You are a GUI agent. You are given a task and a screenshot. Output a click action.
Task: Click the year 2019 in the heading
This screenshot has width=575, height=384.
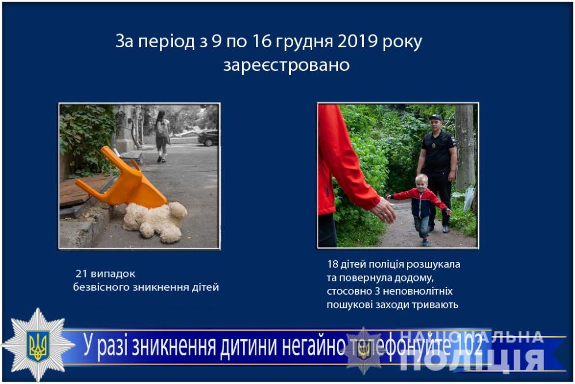click(358, 41)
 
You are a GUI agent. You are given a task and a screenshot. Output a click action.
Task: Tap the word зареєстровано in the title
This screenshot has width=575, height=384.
click(286, 65)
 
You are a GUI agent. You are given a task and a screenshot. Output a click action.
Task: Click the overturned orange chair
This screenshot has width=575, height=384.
click(122, 180)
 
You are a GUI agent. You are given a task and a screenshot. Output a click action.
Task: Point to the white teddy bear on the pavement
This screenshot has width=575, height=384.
click(155, 221)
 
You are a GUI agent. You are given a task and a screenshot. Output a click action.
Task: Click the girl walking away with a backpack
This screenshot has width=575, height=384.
click(162, 136)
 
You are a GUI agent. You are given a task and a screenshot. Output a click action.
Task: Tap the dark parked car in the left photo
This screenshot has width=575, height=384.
click(208, 138)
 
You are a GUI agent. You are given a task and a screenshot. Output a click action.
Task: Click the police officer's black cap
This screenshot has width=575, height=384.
click(436, 117)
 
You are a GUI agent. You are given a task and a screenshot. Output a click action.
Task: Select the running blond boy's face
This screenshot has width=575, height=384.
click(421, 183)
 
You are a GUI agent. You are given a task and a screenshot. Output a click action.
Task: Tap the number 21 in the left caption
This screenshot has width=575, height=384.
click(81, 274)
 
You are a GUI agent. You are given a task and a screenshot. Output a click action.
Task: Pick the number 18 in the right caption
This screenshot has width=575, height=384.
click(332, 264)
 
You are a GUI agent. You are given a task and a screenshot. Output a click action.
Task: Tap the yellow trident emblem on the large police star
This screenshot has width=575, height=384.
click(38, 346)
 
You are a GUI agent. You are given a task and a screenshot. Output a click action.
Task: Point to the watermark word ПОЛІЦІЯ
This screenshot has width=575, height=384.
click(471, 360)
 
